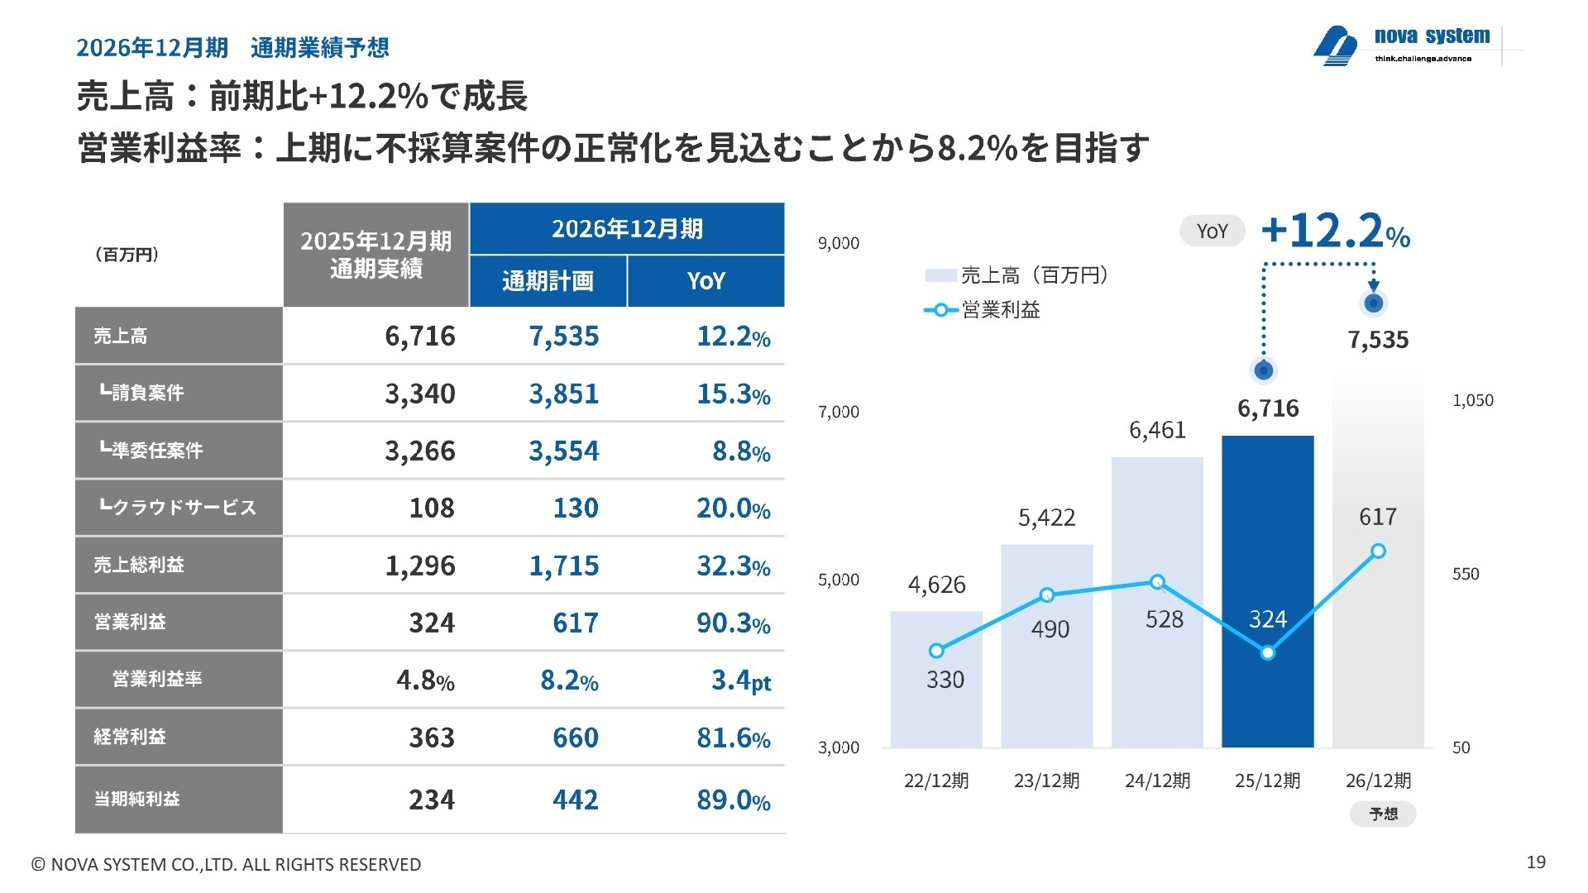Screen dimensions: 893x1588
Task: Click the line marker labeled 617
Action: coord(1378,551)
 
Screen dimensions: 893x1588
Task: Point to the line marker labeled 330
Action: coord(936,651)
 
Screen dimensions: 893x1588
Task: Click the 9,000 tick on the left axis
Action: coord(838,243)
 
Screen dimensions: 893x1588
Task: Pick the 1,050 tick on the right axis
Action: coord(1472,400)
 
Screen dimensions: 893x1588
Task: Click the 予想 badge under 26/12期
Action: coord(1383,814)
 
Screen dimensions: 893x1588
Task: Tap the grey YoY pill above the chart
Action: coord(1212,232)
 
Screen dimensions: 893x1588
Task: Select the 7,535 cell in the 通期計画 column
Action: coord(563,336)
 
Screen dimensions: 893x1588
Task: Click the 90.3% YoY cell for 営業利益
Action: coord(733,623)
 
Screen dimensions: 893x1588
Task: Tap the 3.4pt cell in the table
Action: coord(740,680)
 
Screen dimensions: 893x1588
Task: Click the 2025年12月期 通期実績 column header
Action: coord(376,255)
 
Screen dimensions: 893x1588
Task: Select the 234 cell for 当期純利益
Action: coord(431,800)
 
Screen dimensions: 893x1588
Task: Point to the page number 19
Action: coord(1535,862)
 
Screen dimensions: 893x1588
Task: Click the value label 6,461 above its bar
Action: coord(1157,430)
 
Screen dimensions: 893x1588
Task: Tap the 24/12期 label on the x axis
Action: coord(1157,781)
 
